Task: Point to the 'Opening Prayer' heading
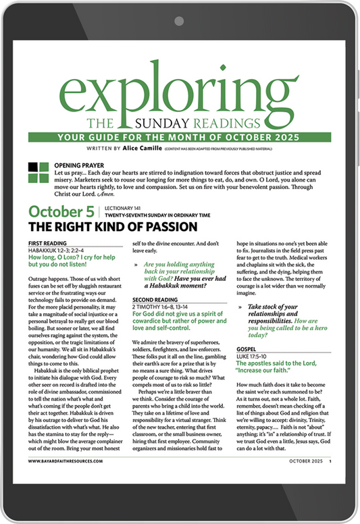[x=78, y=165]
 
